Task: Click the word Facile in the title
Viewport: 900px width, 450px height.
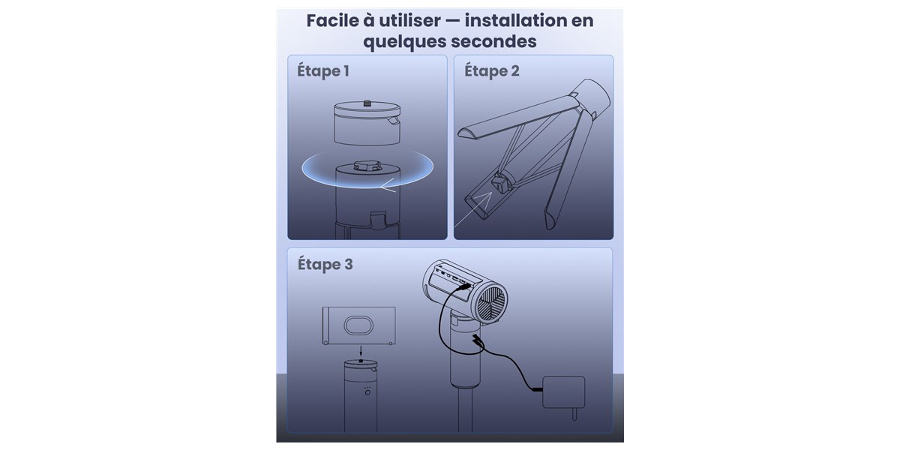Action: click(332, 20)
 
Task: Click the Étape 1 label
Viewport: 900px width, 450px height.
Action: click(323, 70)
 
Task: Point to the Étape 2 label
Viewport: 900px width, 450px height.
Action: click(492, 70)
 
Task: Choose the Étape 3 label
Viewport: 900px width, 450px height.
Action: click(325, 264)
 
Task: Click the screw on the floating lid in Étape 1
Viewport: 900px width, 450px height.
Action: click(367, 103)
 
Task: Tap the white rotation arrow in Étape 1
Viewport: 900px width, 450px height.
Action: click(388, 187)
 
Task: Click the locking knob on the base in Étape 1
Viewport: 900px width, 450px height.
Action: click(367, 165)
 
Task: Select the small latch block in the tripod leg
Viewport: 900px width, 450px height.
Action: click(499, 183)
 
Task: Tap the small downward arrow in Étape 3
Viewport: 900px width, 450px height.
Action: click(361, 350)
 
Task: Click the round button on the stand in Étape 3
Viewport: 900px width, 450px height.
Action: click(367, 392)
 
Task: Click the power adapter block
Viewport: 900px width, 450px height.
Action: click(564, 392)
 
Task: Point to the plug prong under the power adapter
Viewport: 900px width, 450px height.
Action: click(574, 414)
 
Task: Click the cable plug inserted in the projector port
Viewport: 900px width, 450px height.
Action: click(464, 286)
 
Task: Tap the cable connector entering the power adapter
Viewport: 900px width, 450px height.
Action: click(537, 389)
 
